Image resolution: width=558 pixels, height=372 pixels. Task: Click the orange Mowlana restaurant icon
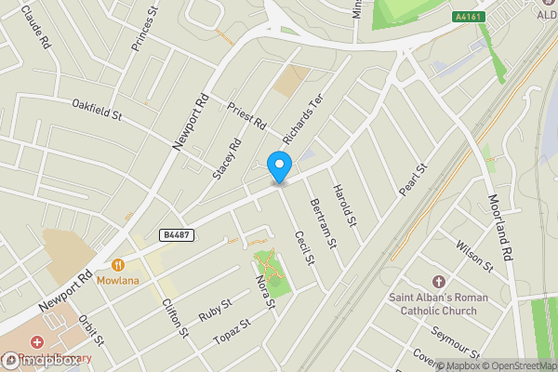click(x=118, y=263)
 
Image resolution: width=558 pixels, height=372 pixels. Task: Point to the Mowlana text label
click(x=122, y=280)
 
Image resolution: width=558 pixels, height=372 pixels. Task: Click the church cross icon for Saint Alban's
click(x=440, y=280)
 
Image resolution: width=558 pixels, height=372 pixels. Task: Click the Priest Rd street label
click(x=247, y=115)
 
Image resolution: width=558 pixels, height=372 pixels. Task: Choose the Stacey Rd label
click(x=227, y=157)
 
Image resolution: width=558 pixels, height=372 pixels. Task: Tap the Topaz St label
click(x=232, y=331)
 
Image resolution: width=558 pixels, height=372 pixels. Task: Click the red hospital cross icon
click(x=37, y=344)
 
